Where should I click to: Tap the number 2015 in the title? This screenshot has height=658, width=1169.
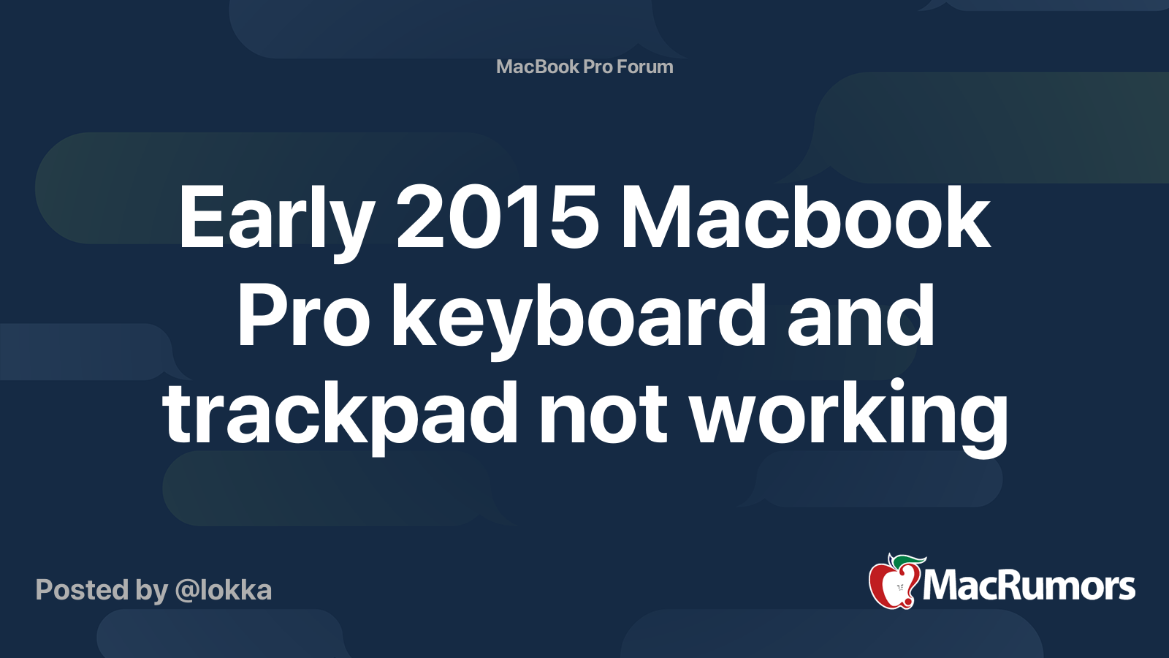point(498,218)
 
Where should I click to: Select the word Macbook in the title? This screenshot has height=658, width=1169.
point(804,218)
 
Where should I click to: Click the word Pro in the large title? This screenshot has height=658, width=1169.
point(303,317)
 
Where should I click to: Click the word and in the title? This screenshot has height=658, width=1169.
point(861,317)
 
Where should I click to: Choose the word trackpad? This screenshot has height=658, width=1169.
point(340,413)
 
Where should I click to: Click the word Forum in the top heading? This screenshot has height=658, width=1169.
point(645,67)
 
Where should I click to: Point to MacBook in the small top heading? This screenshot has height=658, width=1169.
point(538,67)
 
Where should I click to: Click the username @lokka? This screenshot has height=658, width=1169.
point(224,590)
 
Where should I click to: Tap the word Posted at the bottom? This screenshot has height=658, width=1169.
point(81,590)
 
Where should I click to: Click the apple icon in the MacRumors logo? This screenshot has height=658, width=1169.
point(893,584)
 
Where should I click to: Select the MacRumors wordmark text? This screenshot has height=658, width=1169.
point(1029,586)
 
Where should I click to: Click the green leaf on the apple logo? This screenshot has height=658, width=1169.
point(910,561)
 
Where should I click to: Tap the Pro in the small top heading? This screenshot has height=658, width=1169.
point(598,67)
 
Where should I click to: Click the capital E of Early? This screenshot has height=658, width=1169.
point(197,218)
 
